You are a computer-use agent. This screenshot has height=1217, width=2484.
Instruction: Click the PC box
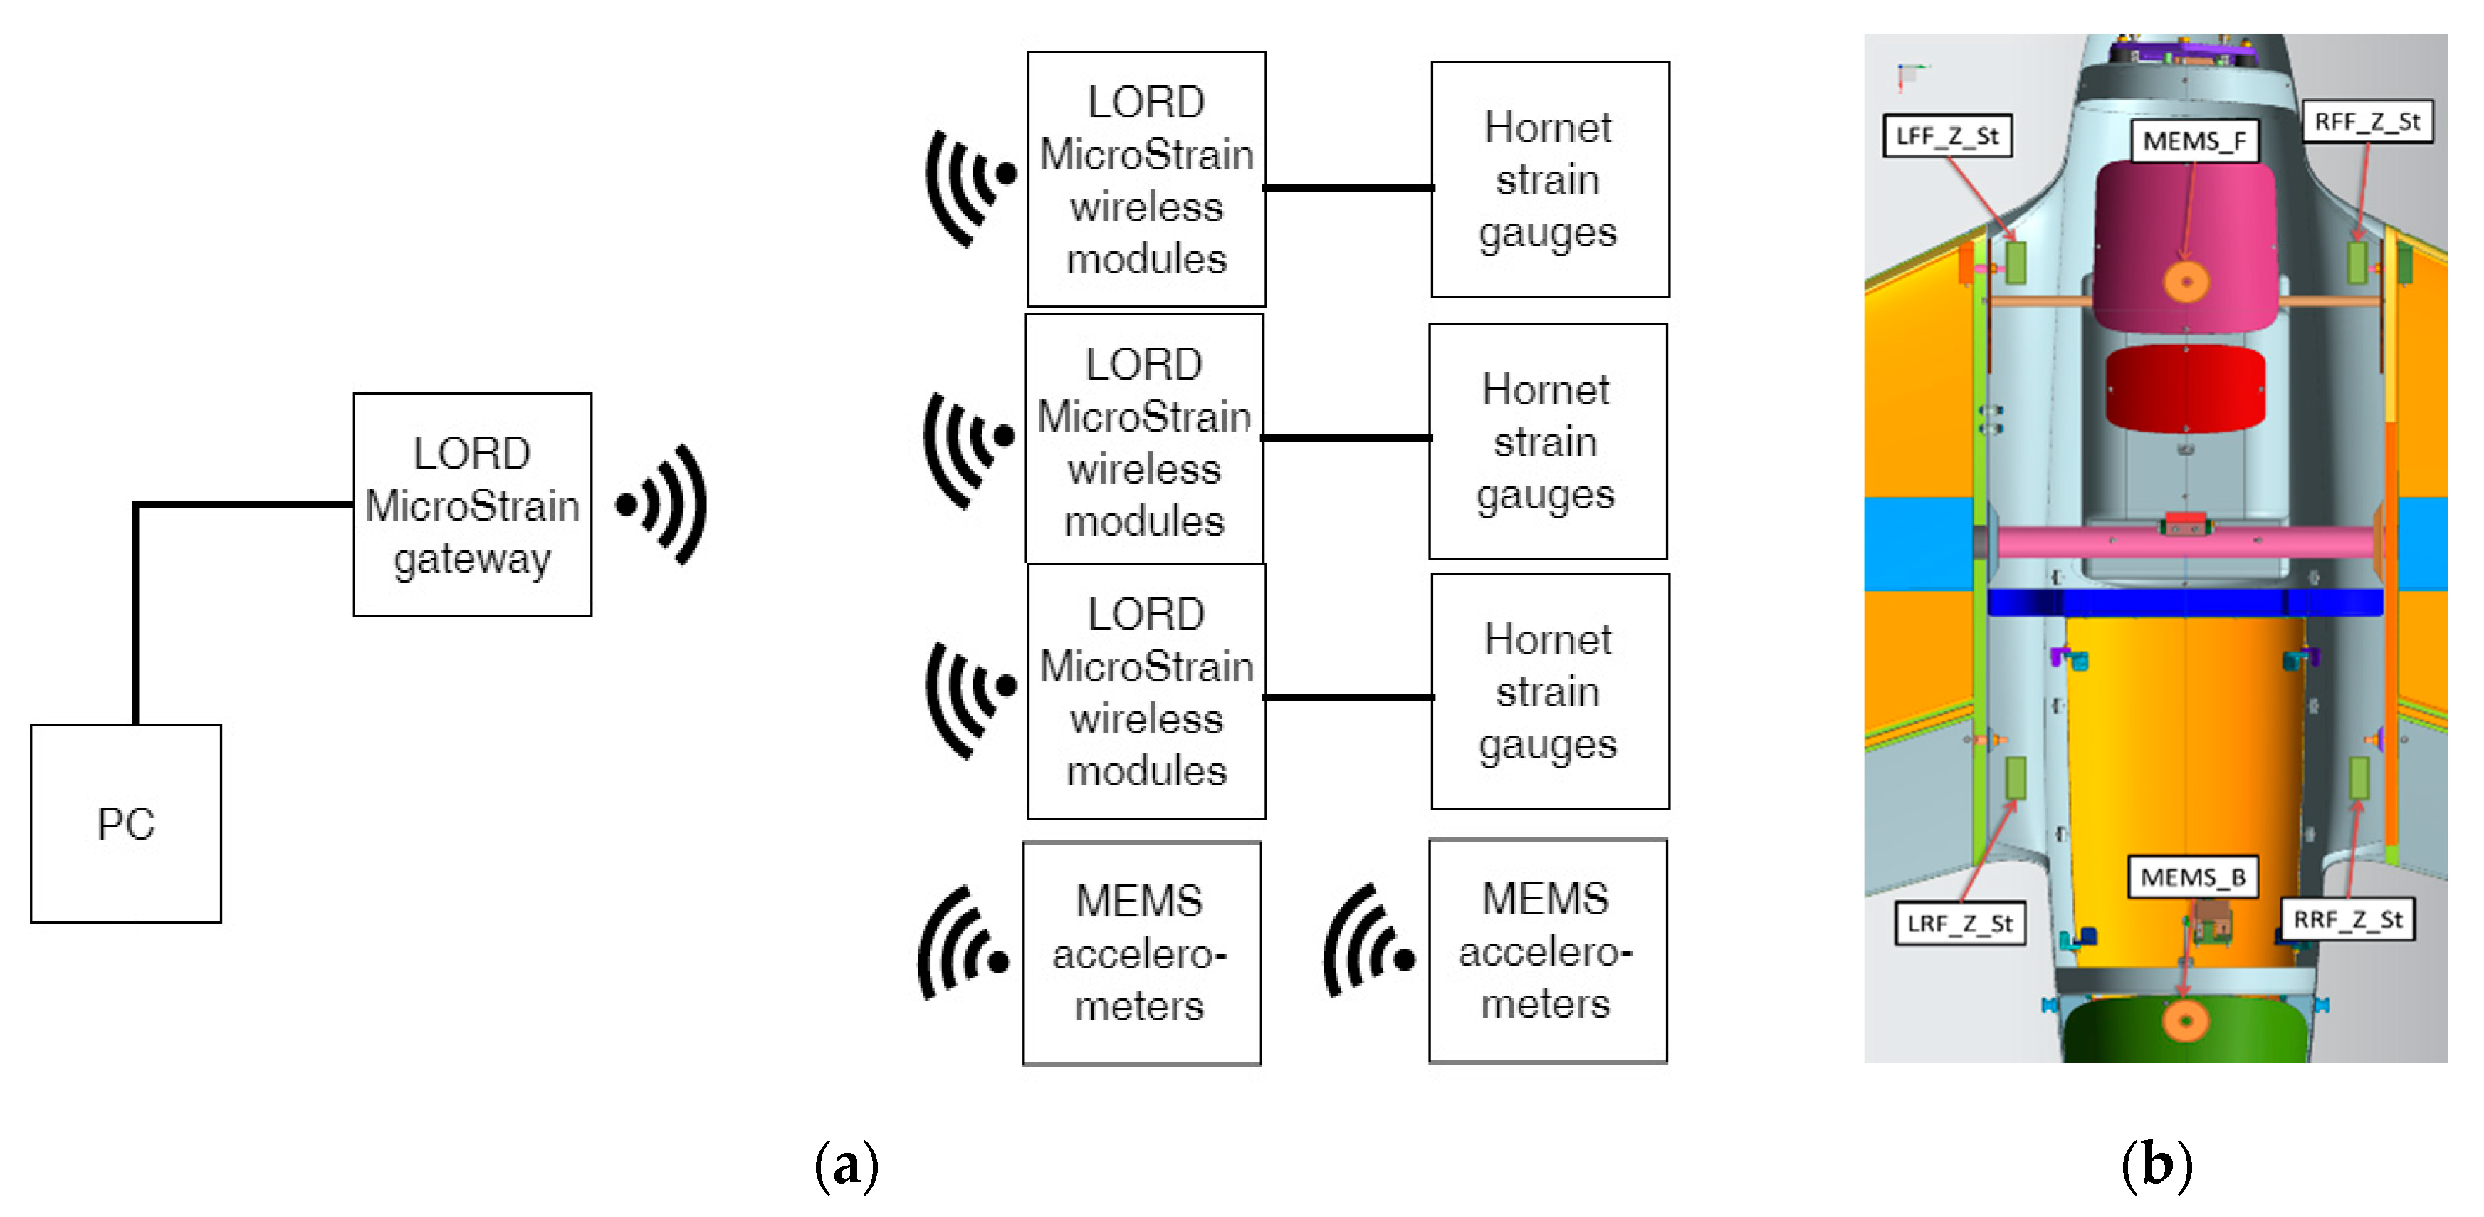point(125,823)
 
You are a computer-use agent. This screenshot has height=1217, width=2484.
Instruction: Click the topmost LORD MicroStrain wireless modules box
point(1146,179)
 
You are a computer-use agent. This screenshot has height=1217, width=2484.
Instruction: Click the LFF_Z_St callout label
point(1947,136)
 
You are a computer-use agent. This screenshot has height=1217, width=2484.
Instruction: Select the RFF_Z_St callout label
point(2367,122)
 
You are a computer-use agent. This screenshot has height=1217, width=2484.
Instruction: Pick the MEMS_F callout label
point(2194,142)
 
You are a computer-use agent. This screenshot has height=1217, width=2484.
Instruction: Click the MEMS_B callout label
point(2192,877)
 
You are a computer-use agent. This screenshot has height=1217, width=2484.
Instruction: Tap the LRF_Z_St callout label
point(1959,923)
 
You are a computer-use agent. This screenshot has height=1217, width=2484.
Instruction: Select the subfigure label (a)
point(846,1165)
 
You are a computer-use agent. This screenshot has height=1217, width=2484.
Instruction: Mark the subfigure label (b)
point(2156,1165)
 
